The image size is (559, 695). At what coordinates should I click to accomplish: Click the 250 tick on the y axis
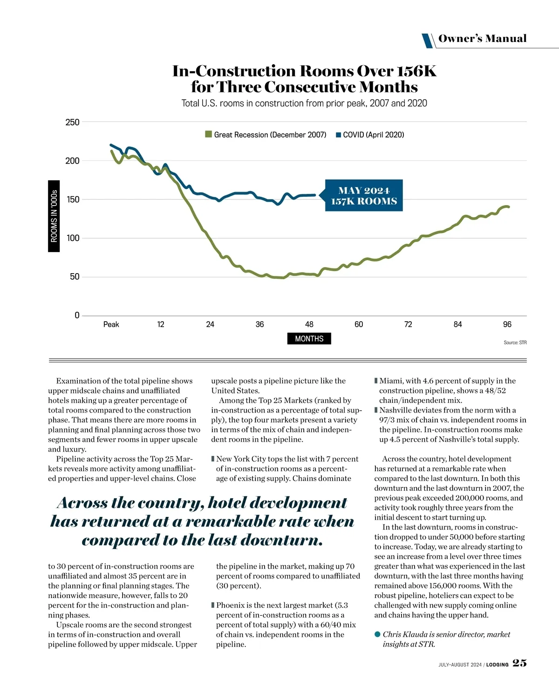[72, 122]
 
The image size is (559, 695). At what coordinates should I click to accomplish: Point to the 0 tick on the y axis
[77, 316]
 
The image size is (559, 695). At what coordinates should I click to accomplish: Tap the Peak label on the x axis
[111, 324]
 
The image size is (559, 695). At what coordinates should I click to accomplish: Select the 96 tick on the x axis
[507, 324]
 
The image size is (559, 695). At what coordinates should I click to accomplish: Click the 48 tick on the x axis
[309, 324]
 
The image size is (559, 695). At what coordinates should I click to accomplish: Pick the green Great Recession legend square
[209, 135]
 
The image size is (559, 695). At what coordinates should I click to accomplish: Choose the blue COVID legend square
[339, 135]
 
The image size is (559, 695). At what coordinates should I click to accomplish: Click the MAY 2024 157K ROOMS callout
[364, 196]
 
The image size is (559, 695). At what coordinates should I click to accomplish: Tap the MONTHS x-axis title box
[309, 339]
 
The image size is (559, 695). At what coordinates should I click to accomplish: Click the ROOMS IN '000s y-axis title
[54, 216]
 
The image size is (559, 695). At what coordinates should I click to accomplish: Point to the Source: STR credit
[515, 343]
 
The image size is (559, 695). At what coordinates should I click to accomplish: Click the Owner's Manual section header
[482, 39]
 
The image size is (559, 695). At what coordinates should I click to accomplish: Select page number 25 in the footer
[519, 663]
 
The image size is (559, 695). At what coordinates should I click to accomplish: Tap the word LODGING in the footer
[498, 665]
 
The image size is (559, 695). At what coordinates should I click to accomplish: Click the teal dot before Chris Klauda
[377, 634]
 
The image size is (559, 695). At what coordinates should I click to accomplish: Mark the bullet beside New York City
[213, 459]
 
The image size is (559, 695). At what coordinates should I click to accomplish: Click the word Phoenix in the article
[231, 606]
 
